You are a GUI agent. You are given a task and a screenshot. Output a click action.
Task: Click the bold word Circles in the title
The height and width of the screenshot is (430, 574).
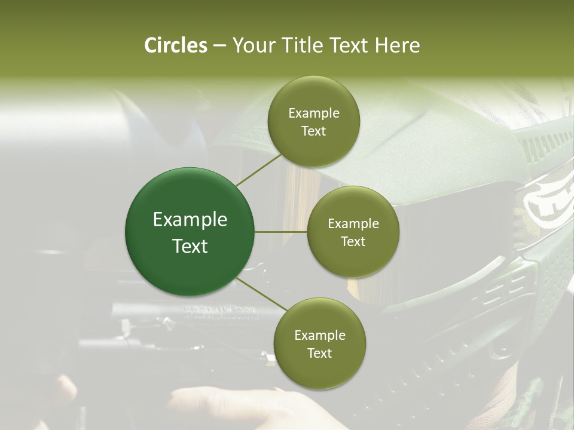pyautogui.click(x=176, y=45)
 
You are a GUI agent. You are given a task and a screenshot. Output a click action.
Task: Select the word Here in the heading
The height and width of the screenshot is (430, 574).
pyautogui.click(x=398, y=45)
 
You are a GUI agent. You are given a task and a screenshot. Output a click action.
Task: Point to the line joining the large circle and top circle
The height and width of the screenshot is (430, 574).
pyautogui.click(x=258, y=170)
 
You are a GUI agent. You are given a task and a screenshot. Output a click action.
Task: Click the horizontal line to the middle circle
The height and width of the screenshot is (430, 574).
pyautogui.click(x=281, y=232)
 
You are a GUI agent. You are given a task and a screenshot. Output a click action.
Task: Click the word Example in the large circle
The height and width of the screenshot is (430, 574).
pyautogui.click(x=190, y=220)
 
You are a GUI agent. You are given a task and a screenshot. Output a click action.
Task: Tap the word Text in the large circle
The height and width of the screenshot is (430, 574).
pyautogui.click(x=190, y=246)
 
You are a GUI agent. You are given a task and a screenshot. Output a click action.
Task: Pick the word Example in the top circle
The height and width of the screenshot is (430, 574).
pyautogui.click(x=313, y=113)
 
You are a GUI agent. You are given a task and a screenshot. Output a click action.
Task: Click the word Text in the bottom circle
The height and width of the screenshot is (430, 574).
pyautogui.click(x=319, y=353)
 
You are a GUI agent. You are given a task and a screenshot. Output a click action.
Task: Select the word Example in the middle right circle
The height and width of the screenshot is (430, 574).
pyautogui.click(x=353, y=224)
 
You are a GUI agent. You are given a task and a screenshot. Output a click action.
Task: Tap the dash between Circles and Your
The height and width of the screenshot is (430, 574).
pyautogui.click(x=219, y=45)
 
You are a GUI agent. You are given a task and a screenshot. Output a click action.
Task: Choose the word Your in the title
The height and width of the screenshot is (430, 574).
pyautogui.click(x=251, y=45)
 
